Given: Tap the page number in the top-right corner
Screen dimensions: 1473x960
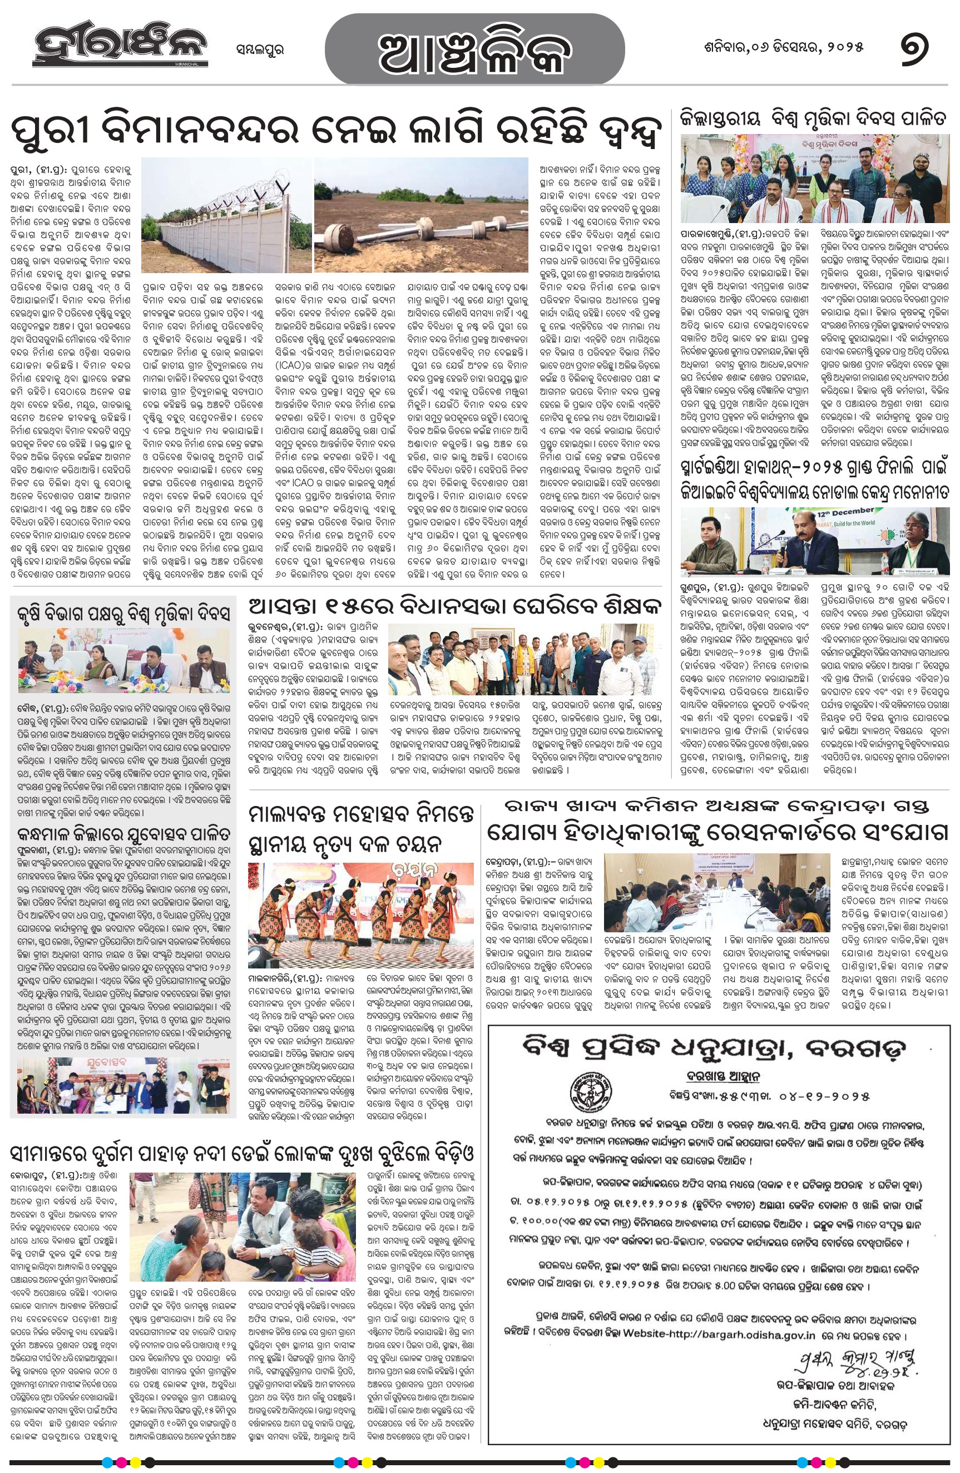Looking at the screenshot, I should click(914, 48).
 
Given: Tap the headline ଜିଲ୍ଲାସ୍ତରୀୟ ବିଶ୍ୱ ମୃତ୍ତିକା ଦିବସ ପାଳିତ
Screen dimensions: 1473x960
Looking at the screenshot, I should click(813, 119).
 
